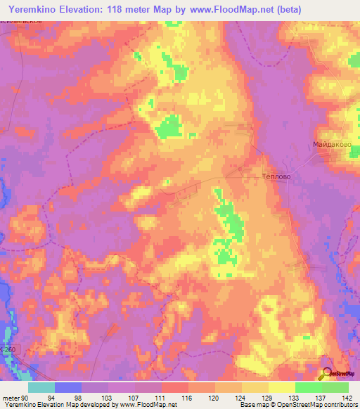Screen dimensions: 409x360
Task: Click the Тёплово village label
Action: click(x=271, y=177)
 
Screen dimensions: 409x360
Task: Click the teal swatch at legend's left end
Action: click(x=41, y=387)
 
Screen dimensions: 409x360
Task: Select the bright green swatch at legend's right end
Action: click(x=335, y=387)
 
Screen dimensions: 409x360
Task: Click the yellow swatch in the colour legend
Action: click(x=282, y=387)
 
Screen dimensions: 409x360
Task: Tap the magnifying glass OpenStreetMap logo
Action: click(x=328, y=375)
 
